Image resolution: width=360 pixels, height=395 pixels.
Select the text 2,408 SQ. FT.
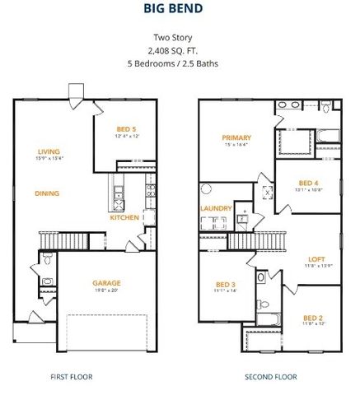click(x=179, y=50)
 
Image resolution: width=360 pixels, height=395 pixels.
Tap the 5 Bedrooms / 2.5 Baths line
click(x=179, y=63)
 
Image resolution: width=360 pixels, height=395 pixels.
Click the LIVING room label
click(x=50, y=151)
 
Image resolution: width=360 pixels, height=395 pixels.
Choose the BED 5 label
click(x=125, y=129)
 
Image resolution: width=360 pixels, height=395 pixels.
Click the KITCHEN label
click(x=124, y=218)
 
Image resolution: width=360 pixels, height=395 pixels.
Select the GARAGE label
click(x=106, y=282)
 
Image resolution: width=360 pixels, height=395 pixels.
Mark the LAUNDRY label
click(x=216, y=208)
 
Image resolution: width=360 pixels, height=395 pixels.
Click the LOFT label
click(x=317, y=258)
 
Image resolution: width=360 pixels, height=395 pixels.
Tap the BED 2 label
click(x=312, y=318)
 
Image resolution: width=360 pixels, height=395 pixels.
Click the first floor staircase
click(x=60, y=240)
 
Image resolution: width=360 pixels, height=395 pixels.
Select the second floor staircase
click(x=256, y=240)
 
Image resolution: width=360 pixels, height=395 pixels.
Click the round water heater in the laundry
click(x=206, y=189)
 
